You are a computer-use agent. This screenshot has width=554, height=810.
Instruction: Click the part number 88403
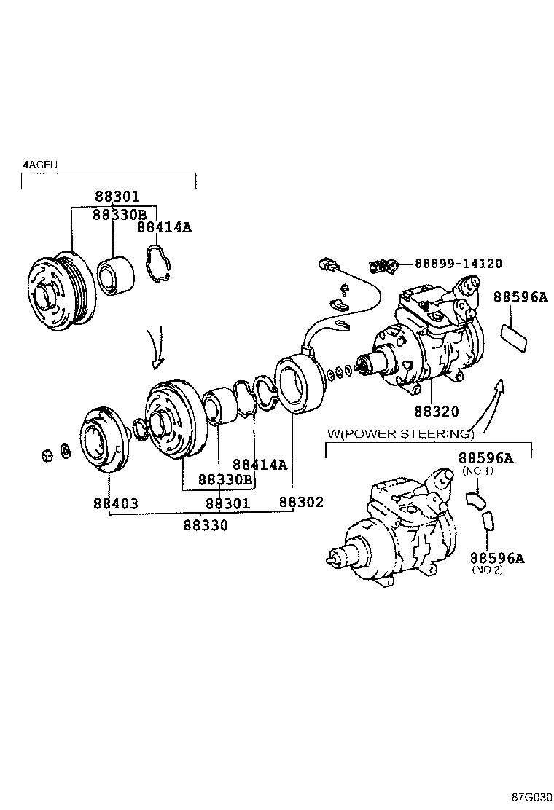[115, 503]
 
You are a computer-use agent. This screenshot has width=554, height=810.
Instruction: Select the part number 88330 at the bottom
[205, 524]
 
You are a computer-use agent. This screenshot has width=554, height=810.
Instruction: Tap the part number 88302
[301, 503]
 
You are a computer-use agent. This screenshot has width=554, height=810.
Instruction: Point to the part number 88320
[437, 412]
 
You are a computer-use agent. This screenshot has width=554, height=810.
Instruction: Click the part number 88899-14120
[458, 264]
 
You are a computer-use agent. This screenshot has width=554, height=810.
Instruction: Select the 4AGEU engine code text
[40, 165]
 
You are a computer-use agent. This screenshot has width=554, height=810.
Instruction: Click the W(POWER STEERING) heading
[400, 434]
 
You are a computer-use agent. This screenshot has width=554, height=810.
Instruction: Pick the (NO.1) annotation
[477, 471]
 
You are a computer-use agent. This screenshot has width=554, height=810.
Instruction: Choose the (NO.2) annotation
[488, 570]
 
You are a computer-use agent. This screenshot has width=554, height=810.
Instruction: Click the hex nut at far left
[46, 456]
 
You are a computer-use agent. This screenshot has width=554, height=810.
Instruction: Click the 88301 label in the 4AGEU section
[116, 197]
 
